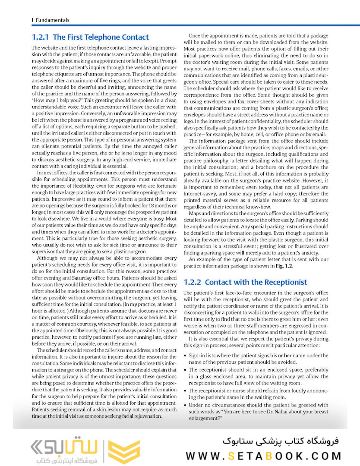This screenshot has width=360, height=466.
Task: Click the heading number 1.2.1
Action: pyautogui.click(x=40, y=38)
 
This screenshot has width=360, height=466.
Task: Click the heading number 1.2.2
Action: pyautogui.click(x=192, y=282)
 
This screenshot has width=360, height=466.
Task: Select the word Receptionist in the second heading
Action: pyautogui.click(x=285, y=282)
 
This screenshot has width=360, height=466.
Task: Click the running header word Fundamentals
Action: pyautogui.click(x=52, y=20)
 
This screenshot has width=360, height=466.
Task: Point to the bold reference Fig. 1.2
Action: pyautogui.click(x=284, y=266)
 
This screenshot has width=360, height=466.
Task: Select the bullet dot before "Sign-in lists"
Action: pyautogui.click(x=186, y=356)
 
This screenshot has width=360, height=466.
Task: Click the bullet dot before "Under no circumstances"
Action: pyautogui.click(x=186, y=405)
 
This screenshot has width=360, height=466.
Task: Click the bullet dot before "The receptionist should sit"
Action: pyautogui.click(x=186, y=370)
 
